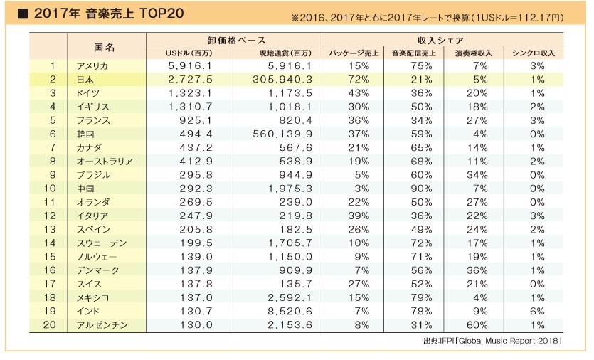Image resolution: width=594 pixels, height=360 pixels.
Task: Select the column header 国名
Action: [x=105, y=46]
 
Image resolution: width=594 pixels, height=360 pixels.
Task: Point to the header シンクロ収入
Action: [x=537, y=53]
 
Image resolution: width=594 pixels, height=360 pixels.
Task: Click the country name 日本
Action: [x=84, y=80]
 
